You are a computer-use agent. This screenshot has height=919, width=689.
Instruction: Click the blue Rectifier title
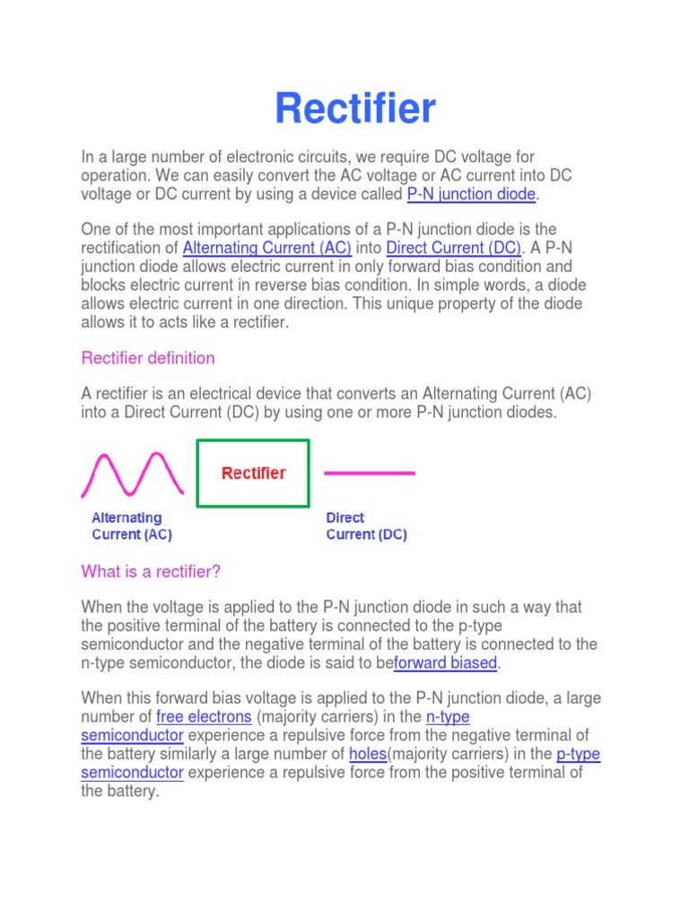click(x=355, y=109)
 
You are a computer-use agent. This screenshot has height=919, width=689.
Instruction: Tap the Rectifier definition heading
click(x=148, y=358)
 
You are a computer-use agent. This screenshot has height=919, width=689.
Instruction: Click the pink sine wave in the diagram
click(x=133, y=474)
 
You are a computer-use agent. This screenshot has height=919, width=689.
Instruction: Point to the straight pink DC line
click(x=369, y=472)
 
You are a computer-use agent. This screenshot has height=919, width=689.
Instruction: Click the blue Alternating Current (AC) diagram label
click(x=131, y=526)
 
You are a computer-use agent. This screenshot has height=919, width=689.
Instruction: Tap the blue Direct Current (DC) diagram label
click(x=365, y=526)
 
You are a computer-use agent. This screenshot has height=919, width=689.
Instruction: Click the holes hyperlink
click(x=367, y=754)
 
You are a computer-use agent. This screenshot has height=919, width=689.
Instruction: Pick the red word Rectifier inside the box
click(x=254, y=473)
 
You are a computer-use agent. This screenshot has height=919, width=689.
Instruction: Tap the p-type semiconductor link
click(x=578, y=754)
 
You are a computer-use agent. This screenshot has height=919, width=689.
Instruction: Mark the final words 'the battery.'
click(x=119, y=792)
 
